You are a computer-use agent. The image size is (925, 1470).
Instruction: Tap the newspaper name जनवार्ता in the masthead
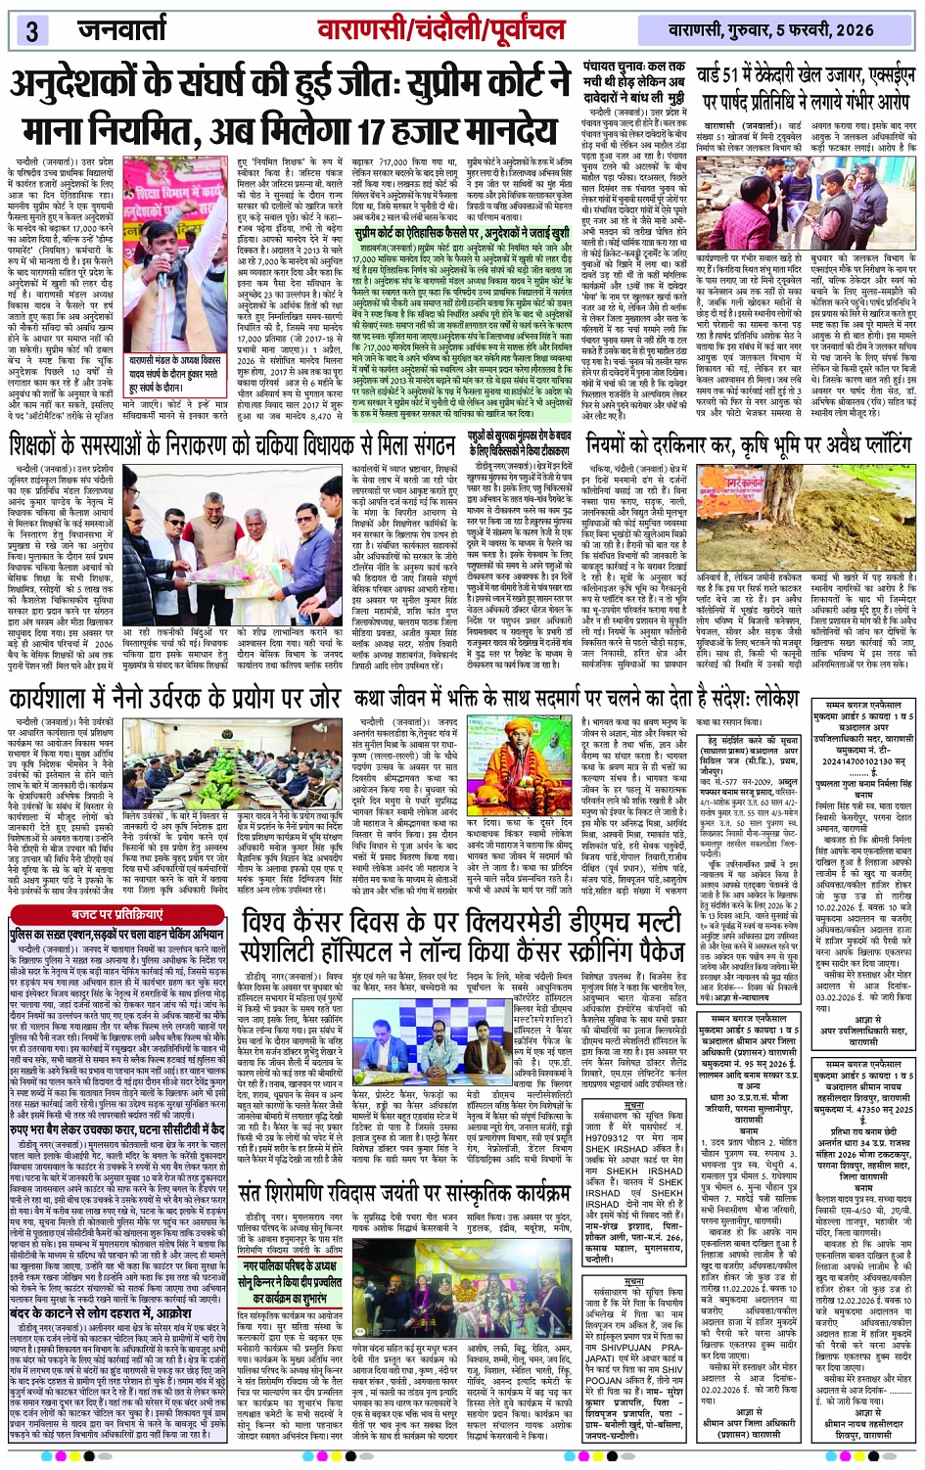pyautogui.click(x=121, y=30)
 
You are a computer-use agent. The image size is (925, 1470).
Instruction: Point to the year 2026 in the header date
pyautogui.click(x=852, y=30)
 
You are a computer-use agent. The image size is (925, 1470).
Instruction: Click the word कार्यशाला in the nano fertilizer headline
pyautogui.click(x=69, y=699)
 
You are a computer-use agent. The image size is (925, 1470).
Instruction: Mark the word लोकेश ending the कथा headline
pyautogui.click(x=766, y=699)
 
